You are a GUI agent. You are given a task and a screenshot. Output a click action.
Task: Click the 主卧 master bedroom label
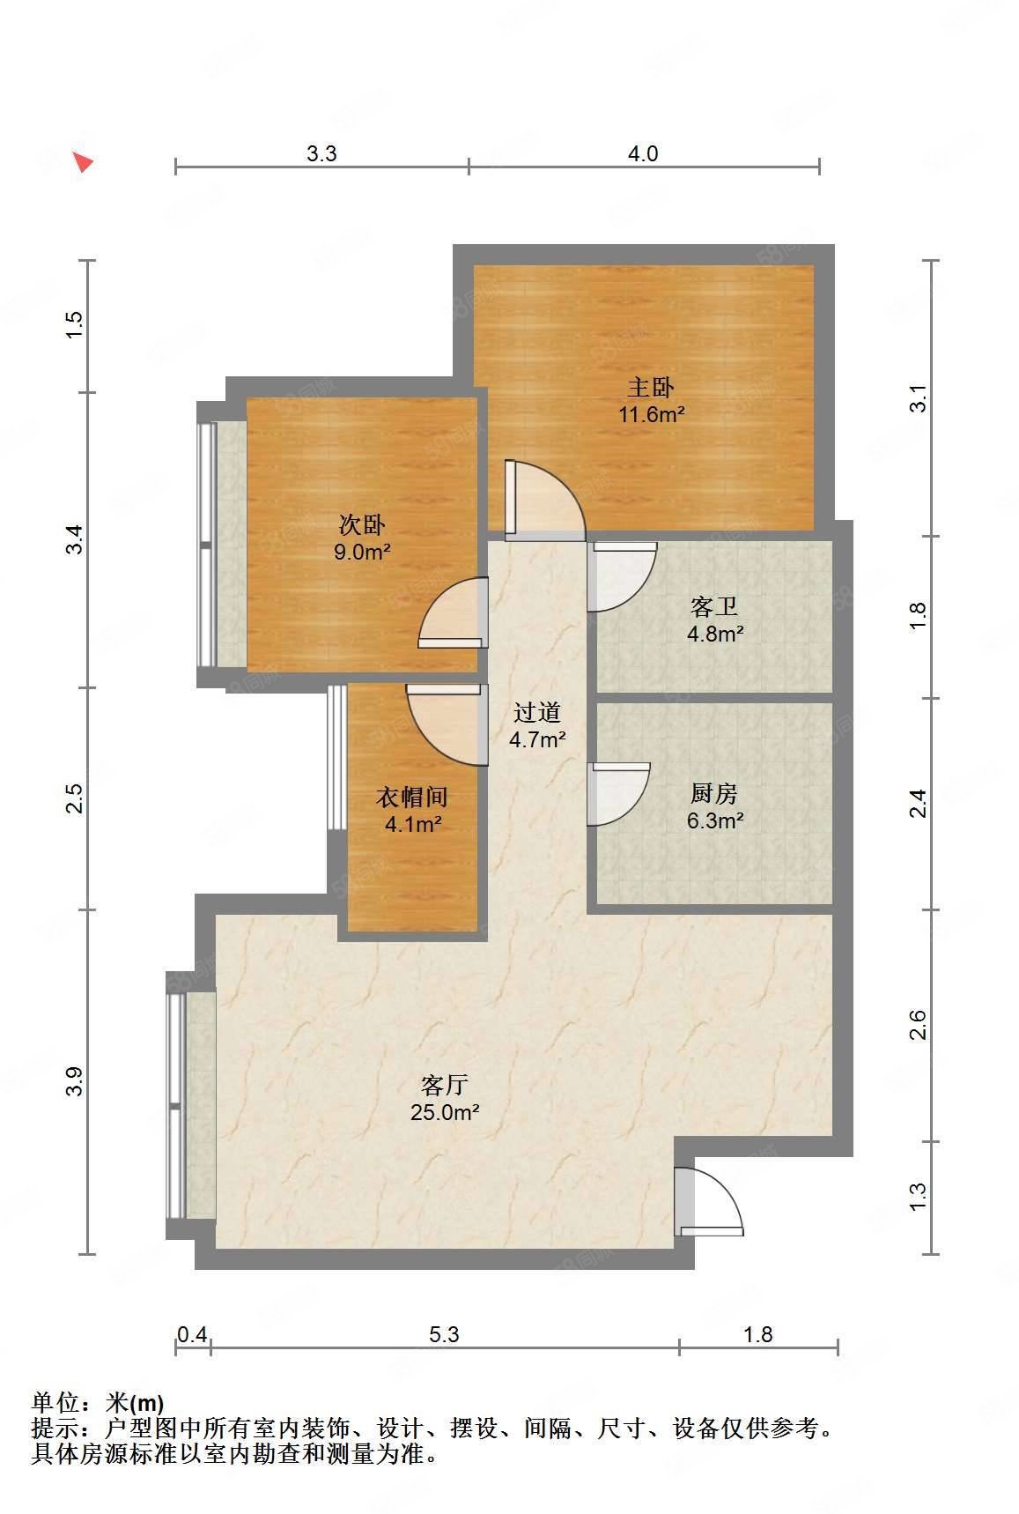651,387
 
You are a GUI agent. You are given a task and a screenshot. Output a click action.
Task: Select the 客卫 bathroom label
714,607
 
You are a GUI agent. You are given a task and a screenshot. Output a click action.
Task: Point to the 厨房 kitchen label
714,794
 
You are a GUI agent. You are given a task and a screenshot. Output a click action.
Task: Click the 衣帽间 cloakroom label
412,798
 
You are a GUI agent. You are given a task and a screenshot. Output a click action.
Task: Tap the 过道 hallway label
537,712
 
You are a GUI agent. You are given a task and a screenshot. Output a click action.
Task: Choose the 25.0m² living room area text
445,1112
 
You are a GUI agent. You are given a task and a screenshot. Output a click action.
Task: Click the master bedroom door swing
545,500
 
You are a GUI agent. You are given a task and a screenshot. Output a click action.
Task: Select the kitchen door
618,794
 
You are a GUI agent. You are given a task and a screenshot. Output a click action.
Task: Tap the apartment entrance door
709,1201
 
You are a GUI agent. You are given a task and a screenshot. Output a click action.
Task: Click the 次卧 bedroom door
453,613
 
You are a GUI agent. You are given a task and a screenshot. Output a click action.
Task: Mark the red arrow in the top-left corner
83,161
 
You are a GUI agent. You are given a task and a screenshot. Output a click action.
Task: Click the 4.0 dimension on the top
643,154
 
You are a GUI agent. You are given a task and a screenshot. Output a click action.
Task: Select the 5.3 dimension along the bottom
445,1334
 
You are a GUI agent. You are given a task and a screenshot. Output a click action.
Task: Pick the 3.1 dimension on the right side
918,399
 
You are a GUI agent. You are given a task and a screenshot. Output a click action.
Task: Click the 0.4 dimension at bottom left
192,1334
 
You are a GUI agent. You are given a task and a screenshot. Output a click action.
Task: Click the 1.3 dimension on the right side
918,1197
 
